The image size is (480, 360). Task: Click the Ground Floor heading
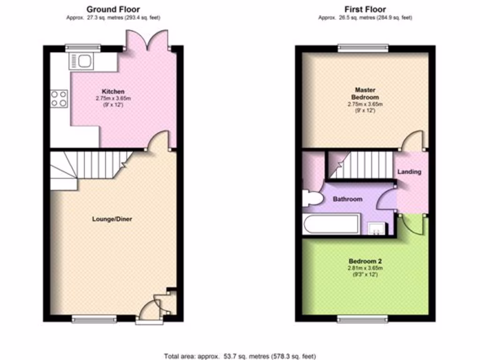(113, 9)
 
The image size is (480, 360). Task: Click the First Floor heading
(365, 9)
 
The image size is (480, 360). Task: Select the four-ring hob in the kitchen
(59, 98)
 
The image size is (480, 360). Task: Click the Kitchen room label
(113, 91)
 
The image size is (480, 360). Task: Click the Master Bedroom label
(365, 93)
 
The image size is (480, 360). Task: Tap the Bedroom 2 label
(365, 261)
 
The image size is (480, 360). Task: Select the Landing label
(409, 172)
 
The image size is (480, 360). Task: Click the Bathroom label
(347, 199)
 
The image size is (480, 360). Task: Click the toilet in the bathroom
(311, 199)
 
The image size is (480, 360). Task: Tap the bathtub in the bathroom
(331, 224)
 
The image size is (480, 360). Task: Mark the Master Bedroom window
(363, 47)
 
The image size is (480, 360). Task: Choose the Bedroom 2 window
(363, 319)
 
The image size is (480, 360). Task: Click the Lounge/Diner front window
(94, 319)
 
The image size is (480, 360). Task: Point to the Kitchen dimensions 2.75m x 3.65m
(113, 99)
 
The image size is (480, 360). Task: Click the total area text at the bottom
(243, 356)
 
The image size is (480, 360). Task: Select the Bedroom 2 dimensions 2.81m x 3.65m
(365, 268)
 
